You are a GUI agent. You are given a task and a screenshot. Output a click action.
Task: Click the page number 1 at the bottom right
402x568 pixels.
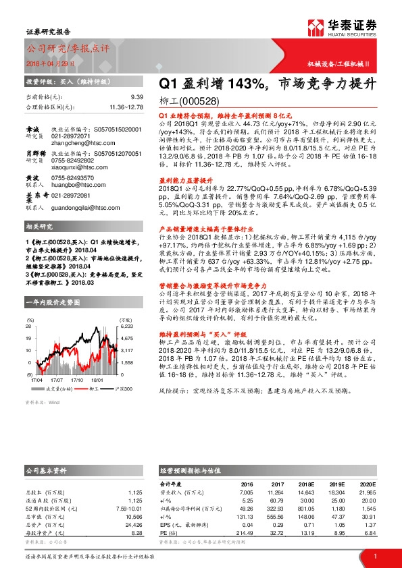pyautogui.click(x=374, y=556)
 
